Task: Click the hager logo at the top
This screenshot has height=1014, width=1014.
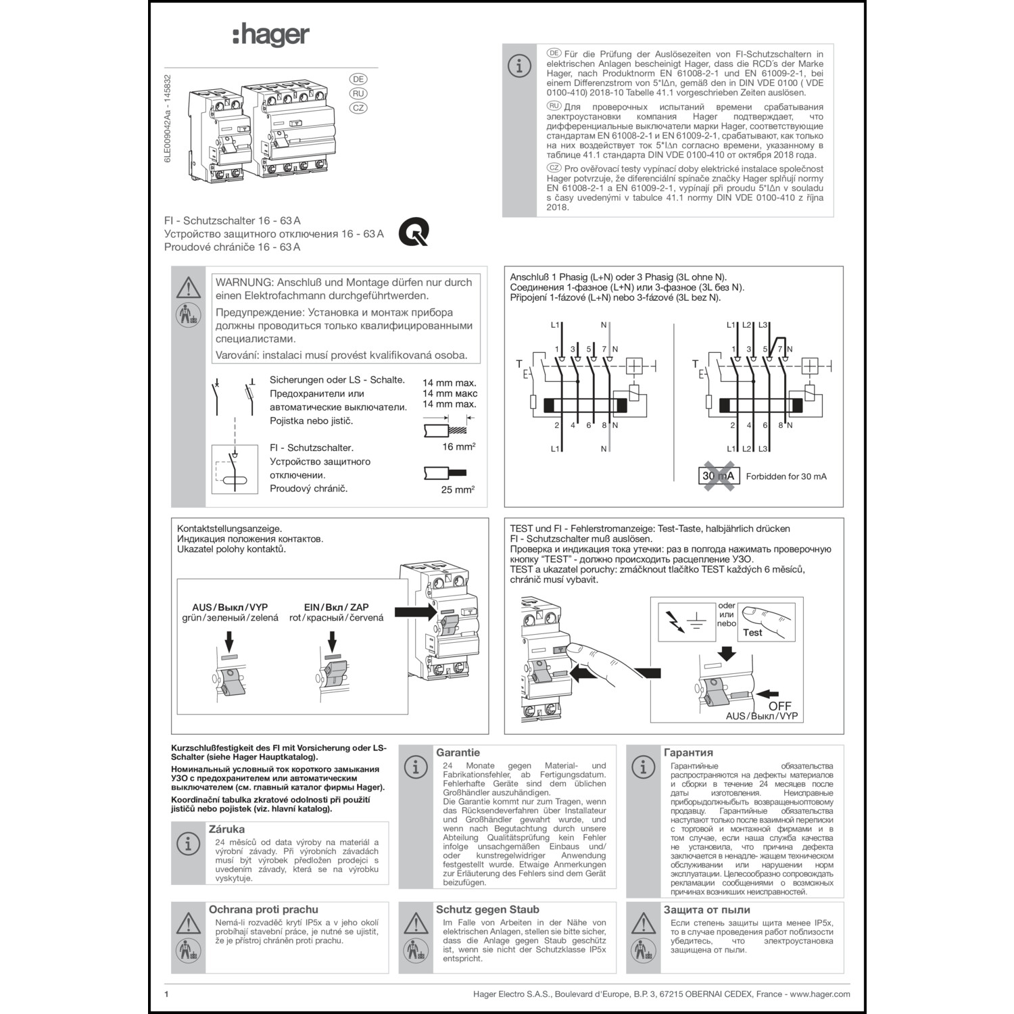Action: [x=271, y=35]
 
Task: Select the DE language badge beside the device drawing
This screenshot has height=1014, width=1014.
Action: [x=358, y=79]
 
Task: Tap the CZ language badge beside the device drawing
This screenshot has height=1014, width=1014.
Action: [x=358, y=108]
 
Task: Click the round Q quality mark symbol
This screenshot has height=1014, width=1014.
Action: [x=413, y=233]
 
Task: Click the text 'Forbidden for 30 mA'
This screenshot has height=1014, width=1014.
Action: [x=786, y=477]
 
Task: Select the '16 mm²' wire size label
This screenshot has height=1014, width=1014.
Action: [x=458, y=447]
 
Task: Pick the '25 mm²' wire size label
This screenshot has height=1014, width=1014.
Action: [x=458, y=489]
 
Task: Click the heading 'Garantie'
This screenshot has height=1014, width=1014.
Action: [x=458, y=752]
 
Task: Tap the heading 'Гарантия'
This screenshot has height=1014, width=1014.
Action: [x=688, y=752]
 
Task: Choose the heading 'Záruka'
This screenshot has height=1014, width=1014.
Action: [x=226, y=829]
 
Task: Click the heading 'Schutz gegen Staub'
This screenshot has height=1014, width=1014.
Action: [x=487, y=910]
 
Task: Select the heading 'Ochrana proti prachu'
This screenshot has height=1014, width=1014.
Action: [x=263, y=910]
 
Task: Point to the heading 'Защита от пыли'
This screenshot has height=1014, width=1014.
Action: [x=706, y=910]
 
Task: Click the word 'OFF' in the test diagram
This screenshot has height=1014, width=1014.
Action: [x=779, y=706]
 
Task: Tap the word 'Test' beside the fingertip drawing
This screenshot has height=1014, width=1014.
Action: [x=752, y=633]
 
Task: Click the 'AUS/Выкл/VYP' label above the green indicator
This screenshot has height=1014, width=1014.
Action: [x=230, y=607]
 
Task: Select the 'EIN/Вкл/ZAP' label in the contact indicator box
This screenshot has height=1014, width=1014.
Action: [x=336, y=607]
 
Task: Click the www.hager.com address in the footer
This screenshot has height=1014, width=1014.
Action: [x=819, y=994]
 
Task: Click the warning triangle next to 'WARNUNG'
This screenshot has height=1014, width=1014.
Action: [x=189, y=287]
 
